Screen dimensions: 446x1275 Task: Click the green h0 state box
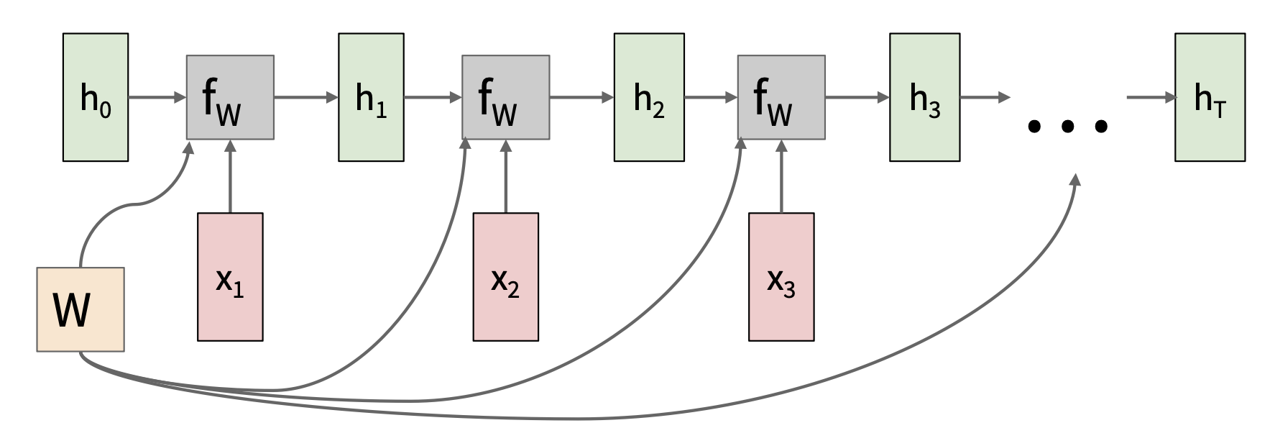(96, 97)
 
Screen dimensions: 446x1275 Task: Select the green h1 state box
(371, 97)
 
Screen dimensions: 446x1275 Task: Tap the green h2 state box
(648, 97)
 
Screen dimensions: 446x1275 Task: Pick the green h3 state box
(924, 97)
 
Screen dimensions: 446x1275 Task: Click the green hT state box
(1210, 97)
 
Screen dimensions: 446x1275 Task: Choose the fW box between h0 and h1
(230, 97)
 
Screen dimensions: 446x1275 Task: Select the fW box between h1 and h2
(505, 97)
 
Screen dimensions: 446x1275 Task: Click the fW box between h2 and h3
(781, 97)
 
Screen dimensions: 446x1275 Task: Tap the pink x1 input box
(230, 276)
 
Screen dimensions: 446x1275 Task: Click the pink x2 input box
(505, 276)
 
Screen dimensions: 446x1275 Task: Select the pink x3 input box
(781, 276)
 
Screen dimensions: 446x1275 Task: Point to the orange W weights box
(80, 309)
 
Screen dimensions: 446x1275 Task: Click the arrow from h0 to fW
(157, 97)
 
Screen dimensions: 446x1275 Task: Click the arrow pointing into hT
(1150, 97)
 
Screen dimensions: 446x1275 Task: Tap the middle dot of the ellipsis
(1068, 127)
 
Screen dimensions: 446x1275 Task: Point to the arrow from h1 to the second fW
(432, 97)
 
